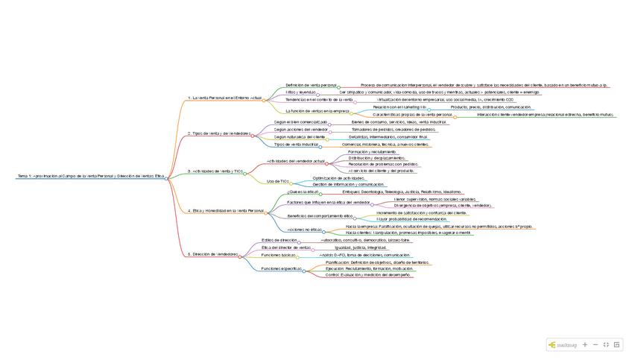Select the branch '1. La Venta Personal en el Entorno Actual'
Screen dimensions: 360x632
coord(224,98)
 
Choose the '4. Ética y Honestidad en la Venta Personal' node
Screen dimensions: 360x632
coord(225,211)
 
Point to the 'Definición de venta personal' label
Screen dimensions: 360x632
coord(311,85)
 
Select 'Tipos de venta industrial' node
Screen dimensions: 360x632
coord(296,145)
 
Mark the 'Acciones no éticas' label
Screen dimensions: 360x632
coord(304,230)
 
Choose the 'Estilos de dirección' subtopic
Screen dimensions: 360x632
coord(279,240)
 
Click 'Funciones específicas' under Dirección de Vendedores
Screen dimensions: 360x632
coord(281,268)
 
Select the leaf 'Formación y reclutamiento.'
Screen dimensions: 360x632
coord(372,151)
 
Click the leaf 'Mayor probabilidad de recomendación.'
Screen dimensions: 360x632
coord(412,219)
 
